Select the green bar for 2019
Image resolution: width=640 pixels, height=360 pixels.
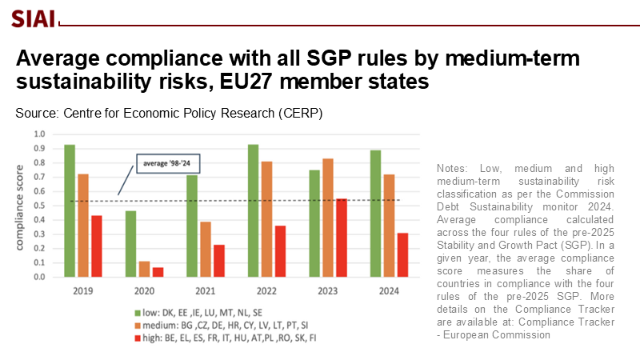70,211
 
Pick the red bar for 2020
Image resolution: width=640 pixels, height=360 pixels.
158,273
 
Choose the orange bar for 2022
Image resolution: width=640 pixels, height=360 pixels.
267,219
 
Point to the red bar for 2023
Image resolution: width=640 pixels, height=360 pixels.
342,238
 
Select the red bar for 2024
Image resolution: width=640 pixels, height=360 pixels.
402,255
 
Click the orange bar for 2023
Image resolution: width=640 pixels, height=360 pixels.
326,218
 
